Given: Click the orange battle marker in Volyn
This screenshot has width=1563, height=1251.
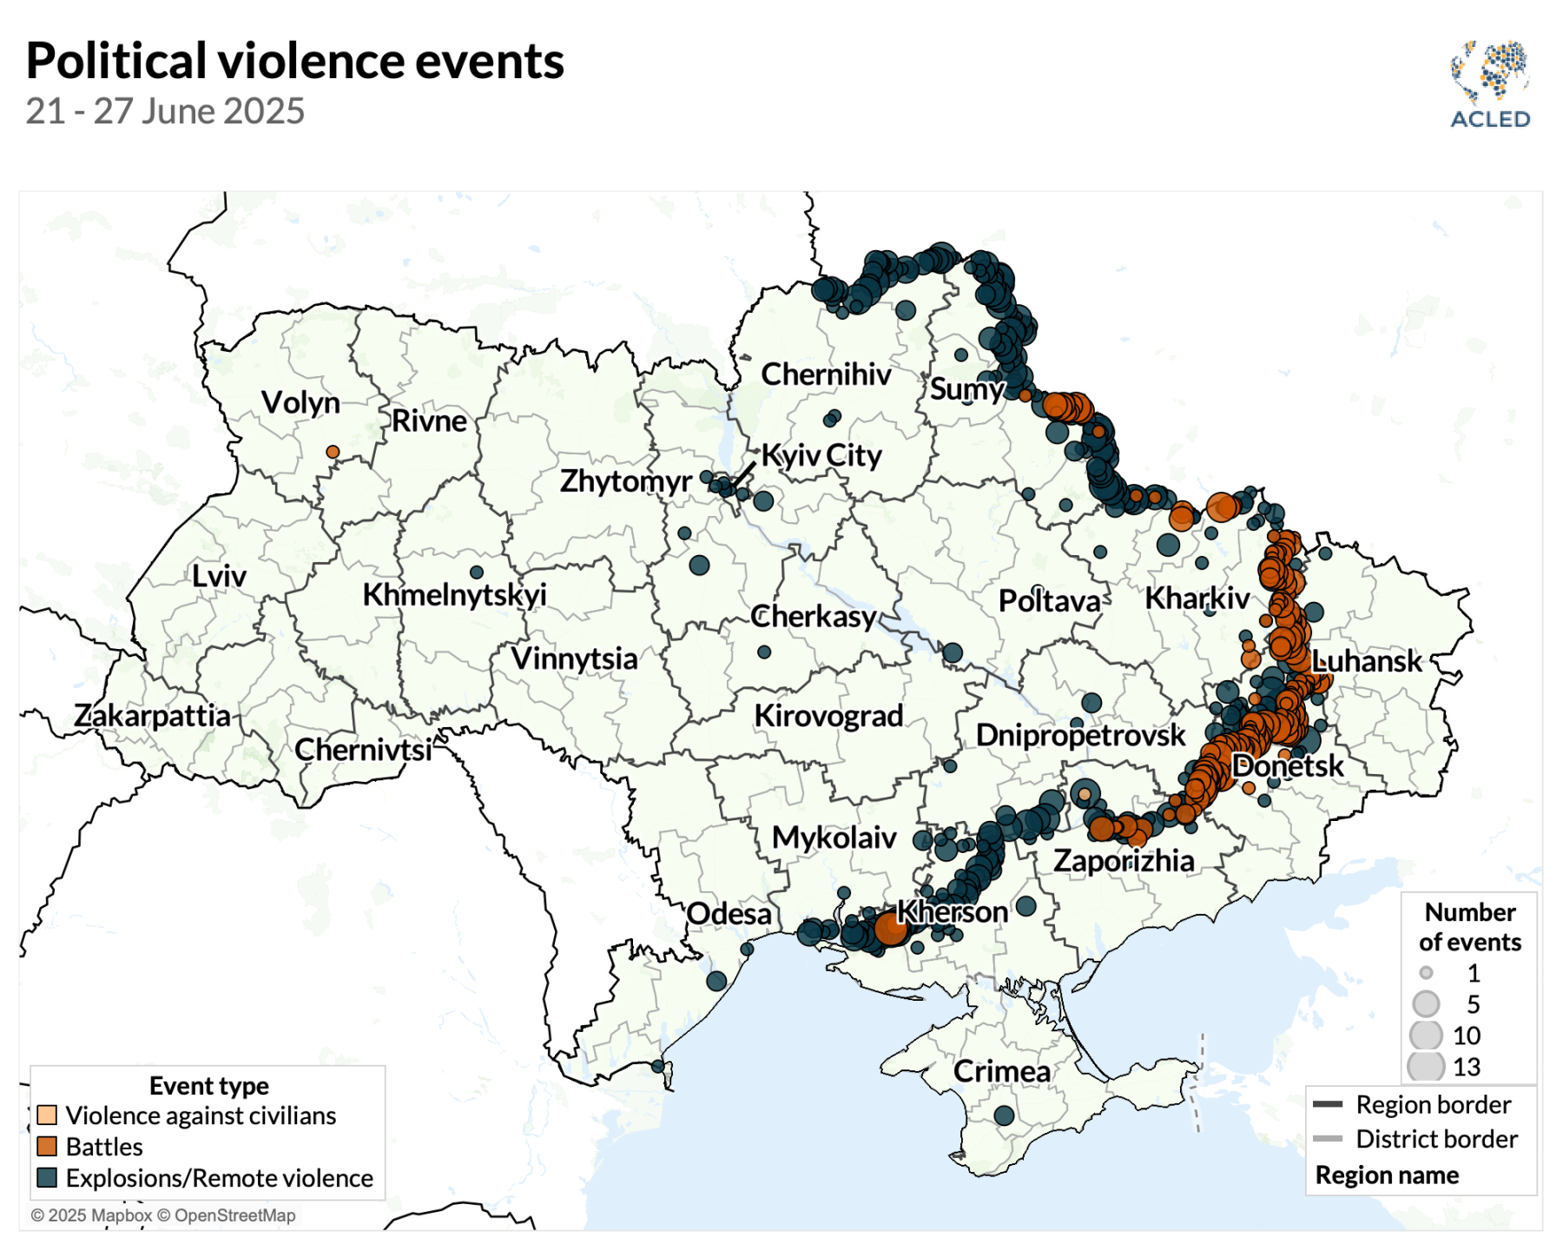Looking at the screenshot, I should click(x=333, y=452).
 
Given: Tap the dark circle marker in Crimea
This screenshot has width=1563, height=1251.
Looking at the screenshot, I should click(x=1004, y=1115).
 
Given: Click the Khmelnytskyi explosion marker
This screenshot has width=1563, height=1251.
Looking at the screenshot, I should click(x=477, y=573).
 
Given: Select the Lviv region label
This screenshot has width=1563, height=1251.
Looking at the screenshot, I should click(x=219, y=576).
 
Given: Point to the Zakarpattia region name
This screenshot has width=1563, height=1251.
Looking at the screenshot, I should click(x=152, y=716).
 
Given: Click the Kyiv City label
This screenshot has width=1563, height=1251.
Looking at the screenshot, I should click(x=821, y=455).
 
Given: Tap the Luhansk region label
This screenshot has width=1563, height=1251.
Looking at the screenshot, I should click(x=1367, y=661).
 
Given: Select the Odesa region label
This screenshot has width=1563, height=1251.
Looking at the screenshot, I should click(x=729, y=914).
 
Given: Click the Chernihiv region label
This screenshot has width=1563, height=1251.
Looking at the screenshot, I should click(x=826, y=374).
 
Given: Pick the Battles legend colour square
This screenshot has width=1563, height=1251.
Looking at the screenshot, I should click(x=47, y=1146).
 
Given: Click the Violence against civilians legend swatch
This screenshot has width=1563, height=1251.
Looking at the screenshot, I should click(x=47, y=1115).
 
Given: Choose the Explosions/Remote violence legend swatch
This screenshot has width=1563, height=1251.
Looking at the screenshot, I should click(x=47, y=1177).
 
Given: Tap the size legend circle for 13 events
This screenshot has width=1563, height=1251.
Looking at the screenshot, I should click(x=1426, y=1066).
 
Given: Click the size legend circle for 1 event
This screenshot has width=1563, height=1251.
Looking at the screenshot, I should click(x=1426, y=972).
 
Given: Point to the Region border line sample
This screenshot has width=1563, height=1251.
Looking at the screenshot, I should click(x=1328, y=1104).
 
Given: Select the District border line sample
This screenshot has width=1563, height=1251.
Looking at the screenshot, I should click(x=1328, y=1138).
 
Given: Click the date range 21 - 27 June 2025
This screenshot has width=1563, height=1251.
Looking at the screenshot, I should click(x=165, y=111).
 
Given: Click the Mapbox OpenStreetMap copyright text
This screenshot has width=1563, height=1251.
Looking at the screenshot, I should click(x=163, y=1215).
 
